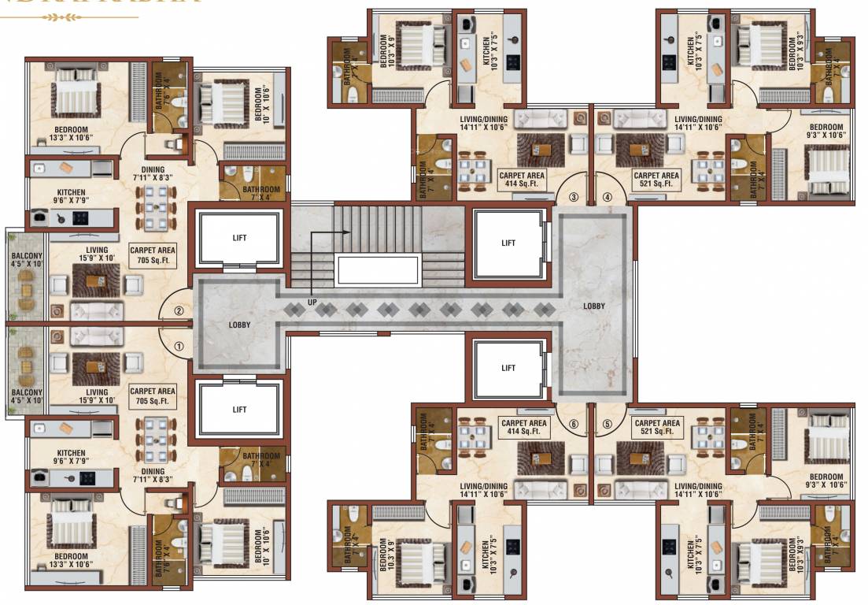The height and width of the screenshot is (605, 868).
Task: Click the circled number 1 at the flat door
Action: (x=179, y=345)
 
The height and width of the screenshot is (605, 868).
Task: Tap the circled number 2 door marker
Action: (x=179, y=310)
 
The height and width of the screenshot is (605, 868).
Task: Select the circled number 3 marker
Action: (x=574, y=197)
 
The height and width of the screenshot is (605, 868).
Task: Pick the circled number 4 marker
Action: (x=608, y=197)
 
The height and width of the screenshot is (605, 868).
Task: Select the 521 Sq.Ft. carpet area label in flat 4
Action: (x=656, y=180)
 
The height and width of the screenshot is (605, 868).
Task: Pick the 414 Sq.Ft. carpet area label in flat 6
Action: (x=523, y=427)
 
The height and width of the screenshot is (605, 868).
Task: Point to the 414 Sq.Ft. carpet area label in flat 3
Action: (x=523, y=180)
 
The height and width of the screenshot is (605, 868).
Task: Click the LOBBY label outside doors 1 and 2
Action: (x=240, y=324)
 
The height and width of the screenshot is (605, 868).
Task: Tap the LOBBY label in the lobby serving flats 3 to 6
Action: (x=594, y=306)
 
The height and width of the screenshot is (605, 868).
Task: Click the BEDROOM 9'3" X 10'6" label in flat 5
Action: (x=826, y=481)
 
